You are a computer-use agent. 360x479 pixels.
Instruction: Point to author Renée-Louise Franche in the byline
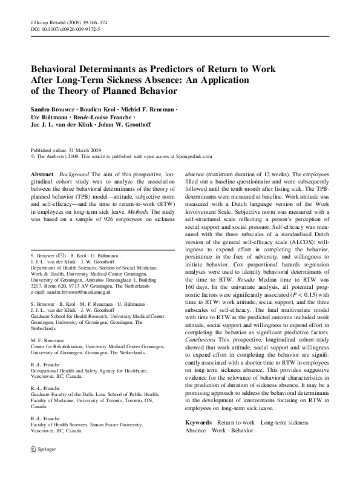(107, 116)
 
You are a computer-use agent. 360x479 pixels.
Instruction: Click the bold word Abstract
(43, 174)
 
